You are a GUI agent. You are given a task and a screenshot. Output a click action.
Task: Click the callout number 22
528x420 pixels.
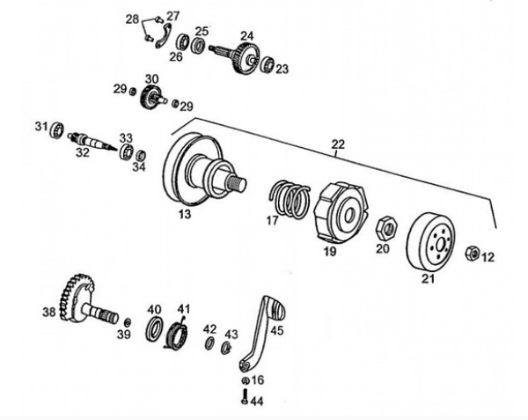pos(337,144)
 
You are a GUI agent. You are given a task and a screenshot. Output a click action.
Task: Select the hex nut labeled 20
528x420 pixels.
pos(385,228)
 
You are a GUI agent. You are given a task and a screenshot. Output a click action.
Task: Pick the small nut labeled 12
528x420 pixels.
pos(471,254)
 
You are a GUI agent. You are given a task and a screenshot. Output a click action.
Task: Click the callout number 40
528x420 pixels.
pos(155,309)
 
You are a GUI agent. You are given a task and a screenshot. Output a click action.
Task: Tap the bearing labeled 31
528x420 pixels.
pos(58,129)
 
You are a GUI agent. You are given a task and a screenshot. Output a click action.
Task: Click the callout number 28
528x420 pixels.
pos(132,18)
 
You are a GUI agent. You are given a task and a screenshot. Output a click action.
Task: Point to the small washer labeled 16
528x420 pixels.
pos(244,379)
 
